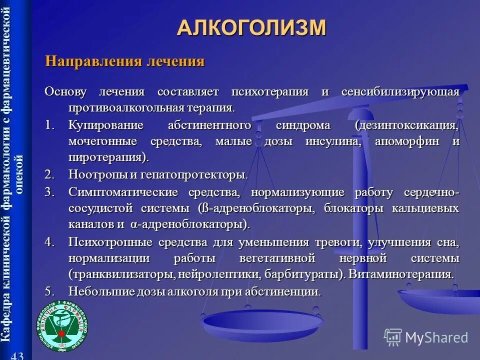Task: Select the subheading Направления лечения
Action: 125,61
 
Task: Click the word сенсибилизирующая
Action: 400,92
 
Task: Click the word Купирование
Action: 106,125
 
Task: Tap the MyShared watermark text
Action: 436,337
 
